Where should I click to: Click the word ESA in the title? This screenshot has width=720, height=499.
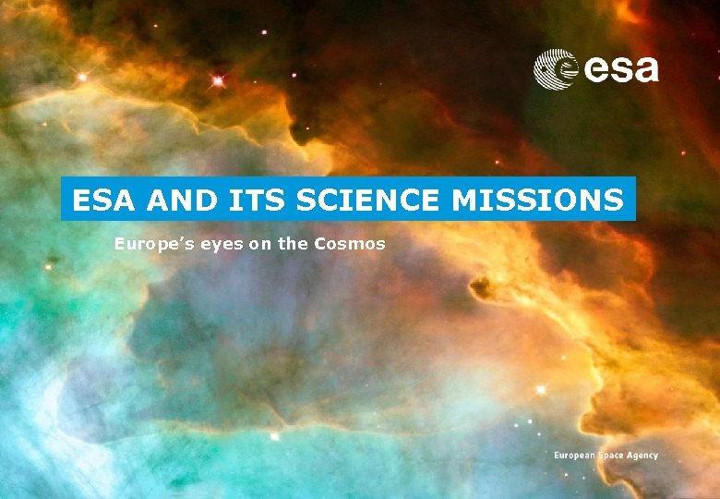[99, 199]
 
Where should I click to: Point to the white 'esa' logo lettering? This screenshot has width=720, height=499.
[621, 69]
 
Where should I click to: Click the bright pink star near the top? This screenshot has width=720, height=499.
[218, 81]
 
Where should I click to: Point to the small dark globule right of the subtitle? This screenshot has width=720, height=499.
[481, 288]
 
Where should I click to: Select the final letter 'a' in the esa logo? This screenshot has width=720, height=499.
[646, 70]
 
